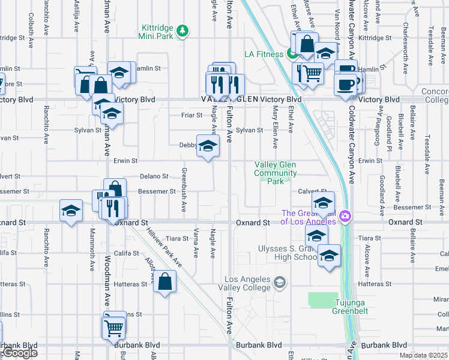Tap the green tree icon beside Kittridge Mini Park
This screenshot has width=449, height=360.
click(186, 30)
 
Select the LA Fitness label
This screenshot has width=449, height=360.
click(263, 54)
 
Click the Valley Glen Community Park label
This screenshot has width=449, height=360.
click(276, 173)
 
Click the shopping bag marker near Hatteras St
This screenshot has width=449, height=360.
click(164, 281)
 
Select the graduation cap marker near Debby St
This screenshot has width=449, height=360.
click(208, 146)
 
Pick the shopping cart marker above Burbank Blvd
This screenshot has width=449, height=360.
click(113, 327)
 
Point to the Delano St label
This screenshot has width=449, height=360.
click(154, 176)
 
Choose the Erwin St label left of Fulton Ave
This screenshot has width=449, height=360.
click(126, 161)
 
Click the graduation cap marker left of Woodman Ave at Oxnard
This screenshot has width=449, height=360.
click(71, 211)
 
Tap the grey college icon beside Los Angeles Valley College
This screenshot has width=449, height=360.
click(279, 281)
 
